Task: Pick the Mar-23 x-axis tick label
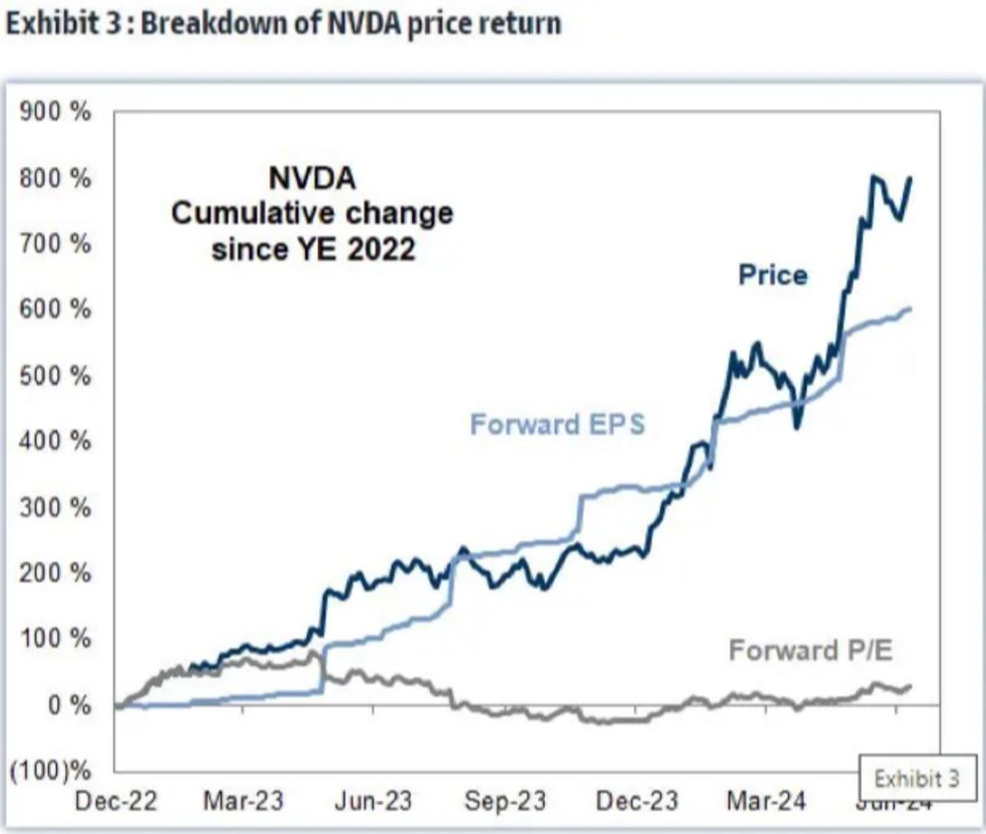(243, 801)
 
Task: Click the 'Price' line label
(773, 275)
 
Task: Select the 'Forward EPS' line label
(558, 424)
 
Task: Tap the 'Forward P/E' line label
(810, 650)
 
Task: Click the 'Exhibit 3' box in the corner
(915, 777)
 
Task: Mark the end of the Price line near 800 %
(909, 179)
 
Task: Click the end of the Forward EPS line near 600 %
(909, 309)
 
